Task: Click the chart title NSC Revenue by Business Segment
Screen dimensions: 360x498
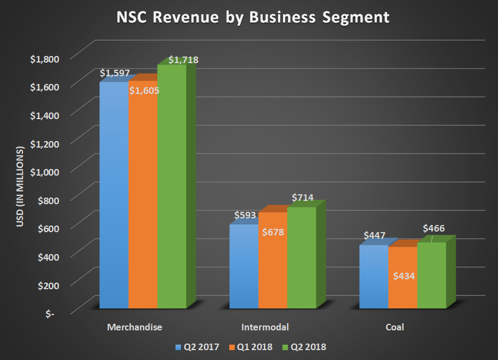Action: pyautogui.click(x=253, y=18)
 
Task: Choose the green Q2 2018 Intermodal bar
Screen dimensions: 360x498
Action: pyautogui.click(x=302, y=258)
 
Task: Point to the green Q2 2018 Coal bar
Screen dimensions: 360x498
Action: pyautogui.click(x=432, y=274)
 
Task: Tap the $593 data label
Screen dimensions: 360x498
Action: pyautogui.click(x=245, y=216)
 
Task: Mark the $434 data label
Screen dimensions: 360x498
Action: pyautogui.click(x=404, y=275)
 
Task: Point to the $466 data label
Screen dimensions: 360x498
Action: pyautogui.click(x=433, y=228)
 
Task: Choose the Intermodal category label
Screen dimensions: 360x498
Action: pyautogui.click(x=265, y=328)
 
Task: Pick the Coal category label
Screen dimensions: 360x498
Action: pyautogui.click(x=394, y=328)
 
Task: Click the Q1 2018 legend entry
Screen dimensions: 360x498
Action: pyautogui.click(x=253, y=347)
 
